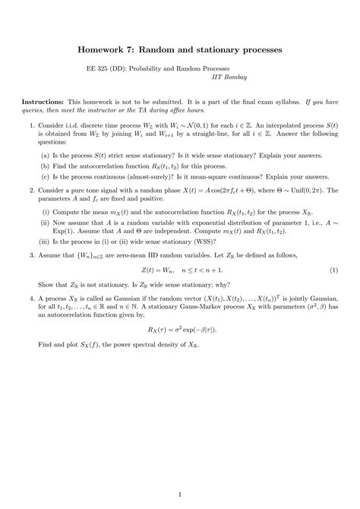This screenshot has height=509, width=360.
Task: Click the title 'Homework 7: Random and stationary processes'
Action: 179,48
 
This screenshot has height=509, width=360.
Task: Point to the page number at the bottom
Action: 180,496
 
